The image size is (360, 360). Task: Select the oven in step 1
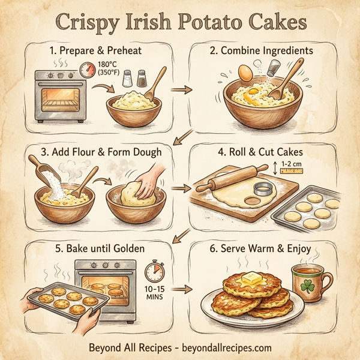[60, 98]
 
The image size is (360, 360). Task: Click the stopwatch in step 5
[155, 270]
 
